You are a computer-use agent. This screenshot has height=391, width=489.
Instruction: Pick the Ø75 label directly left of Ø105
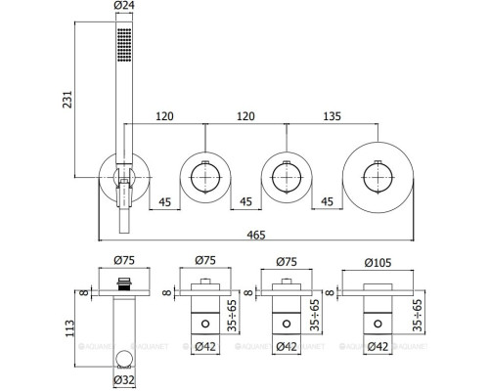285,261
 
